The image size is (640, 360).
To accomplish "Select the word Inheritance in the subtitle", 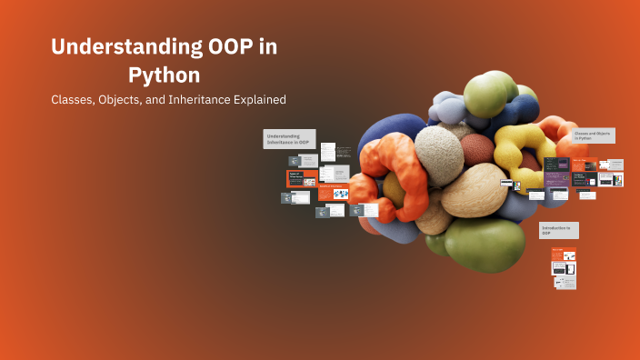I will pyautogui.click(x=189, y=99).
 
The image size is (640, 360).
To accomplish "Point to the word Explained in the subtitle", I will pyautogui.click(x=255, y=99).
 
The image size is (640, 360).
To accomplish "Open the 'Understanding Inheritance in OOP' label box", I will pyautogui.click(x=289, y=138).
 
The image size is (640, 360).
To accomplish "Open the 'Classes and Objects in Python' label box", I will pyautogui.click(x=594, y=135).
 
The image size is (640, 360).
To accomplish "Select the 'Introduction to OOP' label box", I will pyautogui.click(x=558, y=230).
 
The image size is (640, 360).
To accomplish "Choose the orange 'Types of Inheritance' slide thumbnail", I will pyautogui.click(x=301, y=178).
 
